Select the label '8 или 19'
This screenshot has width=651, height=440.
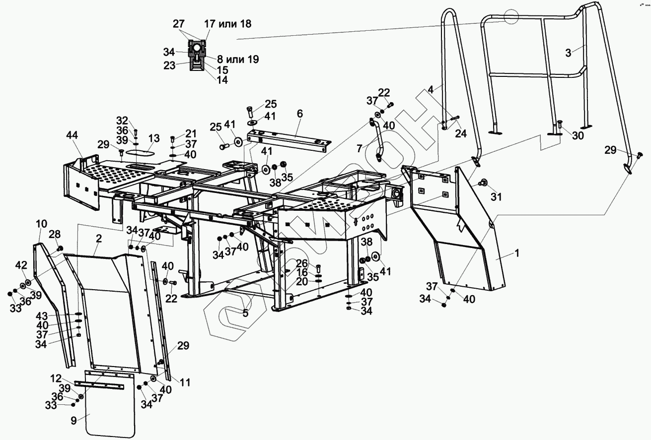pos(238,60)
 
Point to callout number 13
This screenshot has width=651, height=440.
pos(154,137)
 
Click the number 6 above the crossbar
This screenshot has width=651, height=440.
pos(299,114)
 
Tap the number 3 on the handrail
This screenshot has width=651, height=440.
pos(568,53)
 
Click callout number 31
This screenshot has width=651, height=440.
pos(497,196)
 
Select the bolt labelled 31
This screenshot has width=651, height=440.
pos(481,184)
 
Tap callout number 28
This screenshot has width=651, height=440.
pos(55,234)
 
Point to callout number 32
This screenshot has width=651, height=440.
pos(122,121)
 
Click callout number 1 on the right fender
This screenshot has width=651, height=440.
pos(516,253)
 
